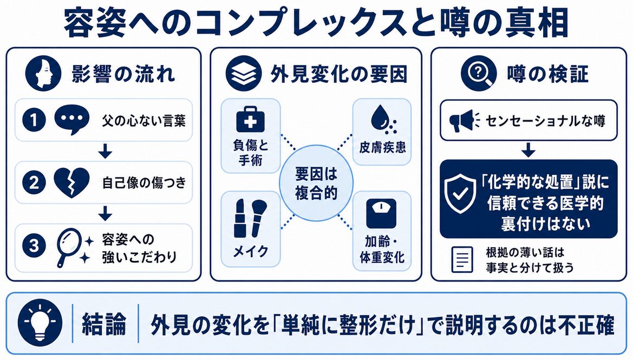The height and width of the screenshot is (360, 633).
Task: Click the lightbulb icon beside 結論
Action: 40,323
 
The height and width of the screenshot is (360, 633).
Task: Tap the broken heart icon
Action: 71,183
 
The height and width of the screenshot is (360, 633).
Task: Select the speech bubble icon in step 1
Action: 71,120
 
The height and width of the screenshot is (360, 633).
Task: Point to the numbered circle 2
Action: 34,182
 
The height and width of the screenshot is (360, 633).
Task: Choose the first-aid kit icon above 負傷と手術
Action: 250,120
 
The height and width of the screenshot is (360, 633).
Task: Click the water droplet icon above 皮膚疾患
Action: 382,119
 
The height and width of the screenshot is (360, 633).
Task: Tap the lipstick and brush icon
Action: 250,218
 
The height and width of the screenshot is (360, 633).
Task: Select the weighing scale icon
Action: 381,213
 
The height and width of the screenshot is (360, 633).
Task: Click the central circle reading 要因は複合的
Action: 316,183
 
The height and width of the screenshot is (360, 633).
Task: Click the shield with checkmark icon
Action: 460,194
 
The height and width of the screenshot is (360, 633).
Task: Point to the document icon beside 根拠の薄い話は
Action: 462,260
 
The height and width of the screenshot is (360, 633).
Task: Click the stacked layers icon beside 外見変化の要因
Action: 244,74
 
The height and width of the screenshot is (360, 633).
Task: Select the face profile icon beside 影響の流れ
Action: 43,74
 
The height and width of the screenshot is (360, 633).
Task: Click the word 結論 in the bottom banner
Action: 104,324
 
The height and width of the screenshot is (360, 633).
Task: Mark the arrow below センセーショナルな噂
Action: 528,149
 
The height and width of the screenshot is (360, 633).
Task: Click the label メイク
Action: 251,251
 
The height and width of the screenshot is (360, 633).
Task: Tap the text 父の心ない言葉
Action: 143,121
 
